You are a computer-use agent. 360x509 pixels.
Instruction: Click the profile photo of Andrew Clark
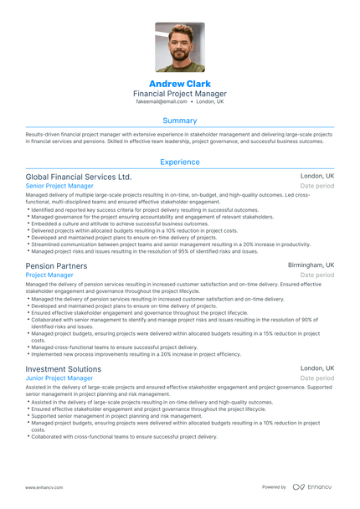pos(180,48)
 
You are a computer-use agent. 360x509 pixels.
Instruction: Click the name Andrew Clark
pos(180,85)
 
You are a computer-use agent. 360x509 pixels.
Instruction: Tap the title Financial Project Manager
pos(180,94)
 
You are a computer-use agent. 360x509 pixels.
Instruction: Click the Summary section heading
pos(180,120)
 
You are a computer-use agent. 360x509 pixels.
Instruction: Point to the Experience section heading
pos(180,162)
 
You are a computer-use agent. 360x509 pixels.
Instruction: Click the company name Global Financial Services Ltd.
pos(79,177)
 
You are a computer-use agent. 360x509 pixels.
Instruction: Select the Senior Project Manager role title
pos(59,186)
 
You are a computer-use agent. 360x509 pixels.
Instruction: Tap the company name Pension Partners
pos(56,265)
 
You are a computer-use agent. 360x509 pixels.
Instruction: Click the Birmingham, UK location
pos(311,265)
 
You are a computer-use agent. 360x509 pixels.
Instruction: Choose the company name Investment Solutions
pos(64,368)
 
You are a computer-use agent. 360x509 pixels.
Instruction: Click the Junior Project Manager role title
pos(59,378)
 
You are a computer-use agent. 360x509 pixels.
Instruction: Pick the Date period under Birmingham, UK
pos(317,275)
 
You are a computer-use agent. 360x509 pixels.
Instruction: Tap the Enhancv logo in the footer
pos(312,486)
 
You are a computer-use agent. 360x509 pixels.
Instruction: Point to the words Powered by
pos(274,486)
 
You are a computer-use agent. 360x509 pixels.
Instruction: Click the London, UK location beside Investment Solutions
pos(317,368)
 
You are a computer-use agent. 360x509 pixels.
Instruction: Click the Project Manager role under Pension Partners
pos(49,275)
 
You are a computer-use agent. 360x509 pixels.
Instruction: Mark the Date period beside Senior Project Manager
pos(317,186)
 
